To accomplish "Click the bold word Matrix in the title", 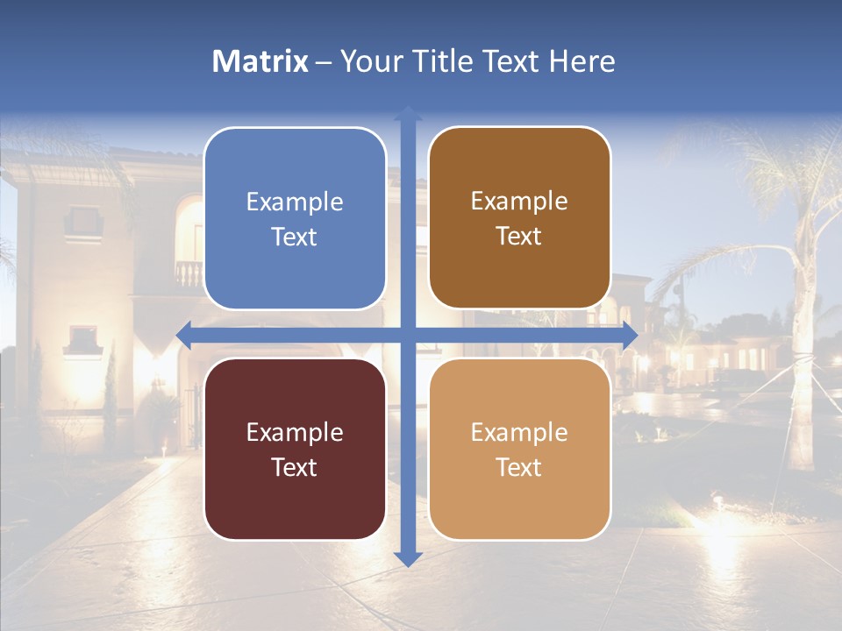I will coord(260,61).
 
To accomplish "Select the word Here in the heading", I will coord(582,61).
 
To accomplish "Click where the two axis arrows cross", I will coord(408,336).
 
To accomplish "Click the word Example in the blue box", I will coord(295,202).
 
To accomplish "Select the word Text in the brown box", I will coord(519,237).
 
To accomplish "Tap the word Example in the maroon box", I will coord(295,432).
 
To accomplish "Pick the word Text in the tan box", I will coord(519,467).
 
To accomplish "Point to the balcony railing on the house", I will coord(188,273).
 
